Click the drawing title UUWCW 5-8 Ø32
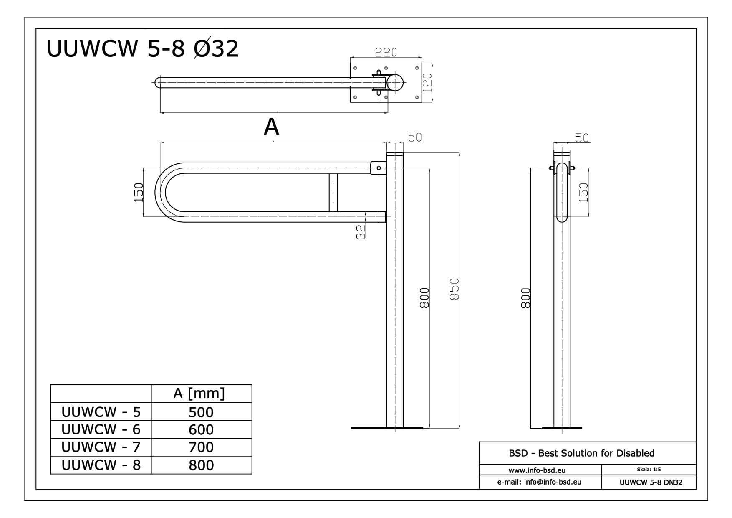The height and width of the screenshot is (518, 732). coord(143,49)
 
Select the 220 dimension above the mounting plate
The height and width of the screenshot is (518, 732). coord(386,53)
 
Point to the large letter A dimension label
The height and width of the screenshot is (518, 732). coord(271,127)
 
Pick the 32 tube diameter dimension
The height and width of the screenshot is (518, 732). coord(361,232)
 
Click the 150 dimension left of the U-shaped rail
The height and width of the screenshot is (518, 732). coord(139,193)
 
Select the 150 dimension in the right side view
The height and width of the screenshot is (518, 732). coord(583,193)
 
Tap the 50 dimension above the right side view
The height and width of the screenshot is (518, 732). coord(582,138)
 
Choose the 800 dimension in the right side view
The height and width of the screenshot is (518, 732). coord(526,298)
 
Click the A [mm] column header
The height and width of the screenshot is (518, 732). coord(199,393)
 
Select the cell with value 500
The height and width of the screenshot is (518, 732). coord(201,412)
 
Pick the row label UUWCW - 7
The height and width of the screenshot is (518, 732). coord(101,447)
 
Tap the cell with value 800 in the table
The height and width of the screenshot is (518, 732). coord(201,465)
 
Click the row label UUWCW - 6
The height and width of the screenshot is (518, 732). coord(101,429)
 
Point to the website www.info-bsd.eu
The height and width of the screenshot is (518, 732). coord(537,470)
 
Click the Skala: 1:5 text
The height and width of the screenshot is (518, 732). coord(649,470)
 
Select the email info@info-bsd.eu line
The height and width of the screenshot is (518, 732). coord(539,482)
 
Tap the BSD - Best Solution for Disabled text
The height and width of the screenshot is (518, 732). coord(581,453)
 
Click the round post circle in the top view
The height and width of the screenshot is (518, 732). coord(395,83)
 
